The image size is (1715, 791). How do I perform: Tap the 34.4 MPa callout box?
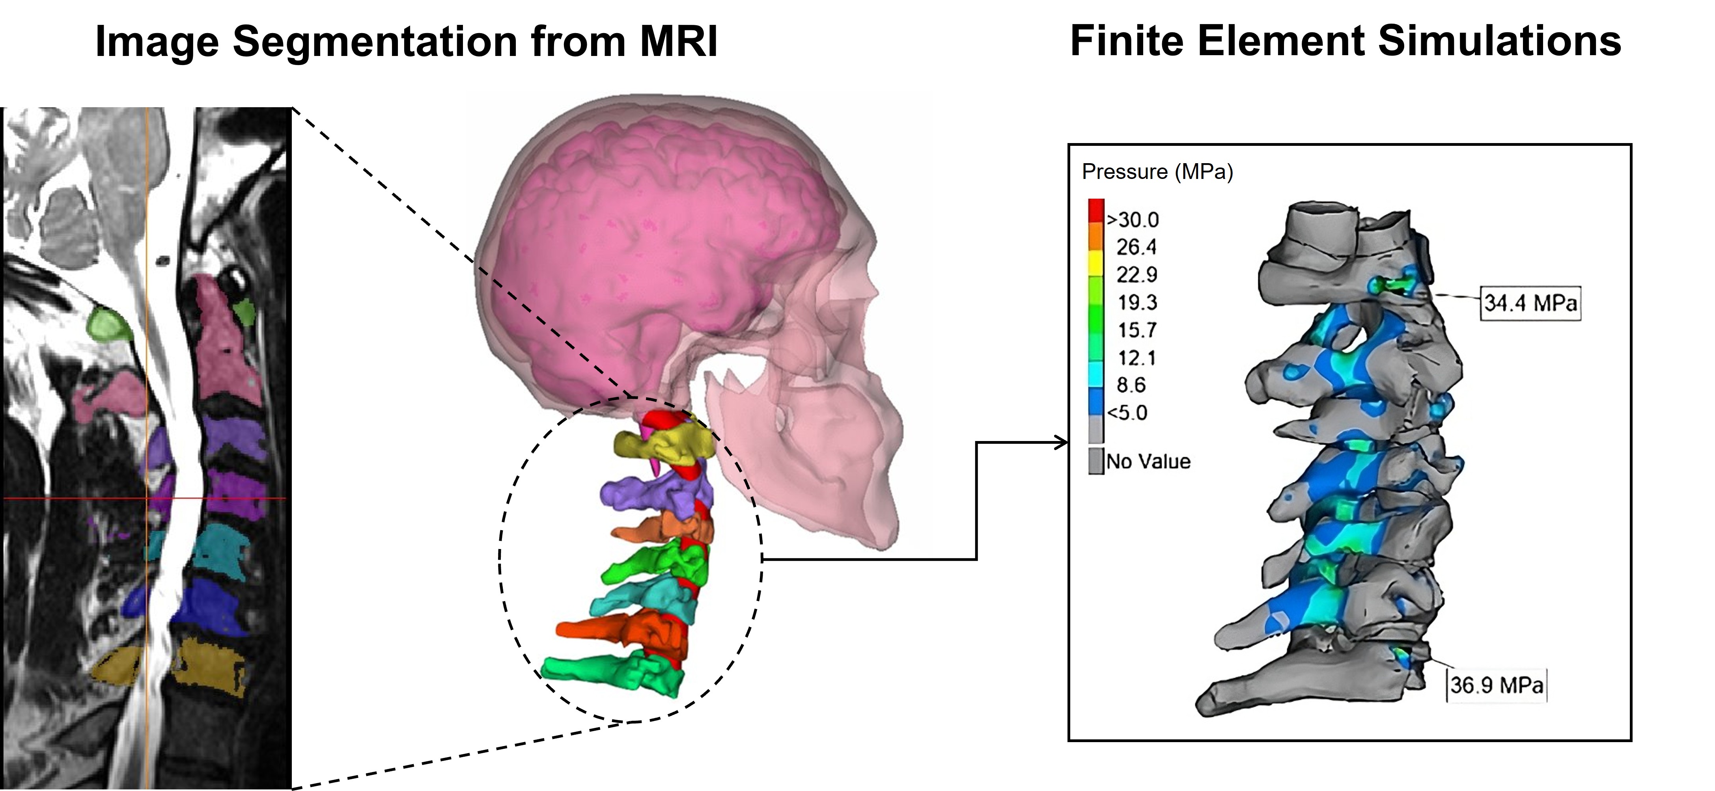pyautogui.click(x=1530, y=304)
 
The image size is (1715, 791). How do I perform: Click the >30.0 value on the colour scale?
pyautogui.click(x=1133, y=220)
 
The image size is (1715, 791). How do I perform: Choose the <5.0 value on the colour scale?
pyautogui.click(x=1128, y=413)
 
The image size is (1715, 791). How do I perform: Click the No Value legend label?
pyautogui.click(x=1148, y=462)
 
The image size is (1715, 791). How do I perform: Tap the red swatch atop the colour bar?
pyautogui.click(x=1096, y=210)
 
